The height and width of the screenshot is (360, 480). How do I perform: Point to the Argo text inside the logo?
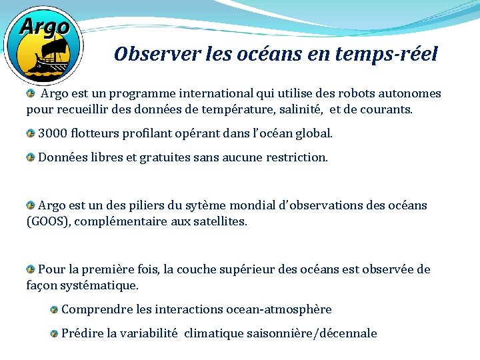pyautogui.click(x=44, y=27)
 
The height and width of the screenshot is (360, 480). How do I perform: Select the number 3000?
pyautogui.click(x=53, y=133)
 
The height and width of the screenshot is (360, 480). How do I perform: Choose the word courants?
pyautogui.click(x=386, y=109)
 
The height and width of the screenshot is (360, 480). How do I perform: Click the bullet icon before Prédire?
pyautogui.click(x=54, y=333)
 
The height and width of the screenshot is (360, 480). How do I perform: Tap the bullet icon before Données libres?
pyautogui.click(x=31, y=158)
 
